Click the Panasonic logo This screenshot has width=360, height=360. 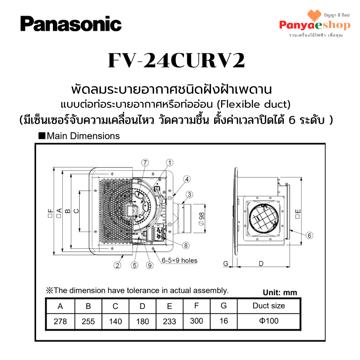coord(71,23)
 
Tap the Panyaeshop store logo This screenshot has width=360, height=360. coord(315,23)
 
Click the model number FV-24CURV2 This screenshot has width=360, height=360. coord(176,60)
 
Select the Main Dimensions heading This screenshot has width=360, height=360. coord(79,136)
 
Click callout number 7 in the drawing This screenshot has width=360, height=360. coord(145,163)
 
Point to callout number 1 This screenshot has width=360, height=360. coord(170,163)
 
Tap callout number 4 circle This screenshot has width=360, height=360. coord(187,179)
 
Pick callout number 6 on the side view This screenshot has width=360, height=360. coord(309,235)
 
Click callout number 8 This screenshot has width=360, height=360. coord(186,246)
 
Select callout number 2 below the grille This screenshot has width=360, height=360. coord(117,265)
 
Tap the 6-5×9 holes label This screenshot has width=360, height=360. coord(180,260)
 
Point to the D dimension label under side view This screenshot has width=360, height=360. coord(261,264)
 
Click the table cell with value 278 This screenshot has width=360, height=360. coord(60,321)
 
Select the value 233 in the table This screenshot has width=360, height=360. coord(170,321)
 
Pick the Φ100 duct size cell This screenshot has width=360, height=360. coord(269,321)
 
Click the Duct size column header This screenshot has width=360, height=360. coord(269,306)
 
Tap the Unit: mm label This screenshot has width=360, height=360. coord(280,292)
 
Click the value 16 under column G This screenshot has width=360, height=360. coord(224,321)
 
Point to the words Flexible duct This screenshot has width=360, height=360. coord(254,104)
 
